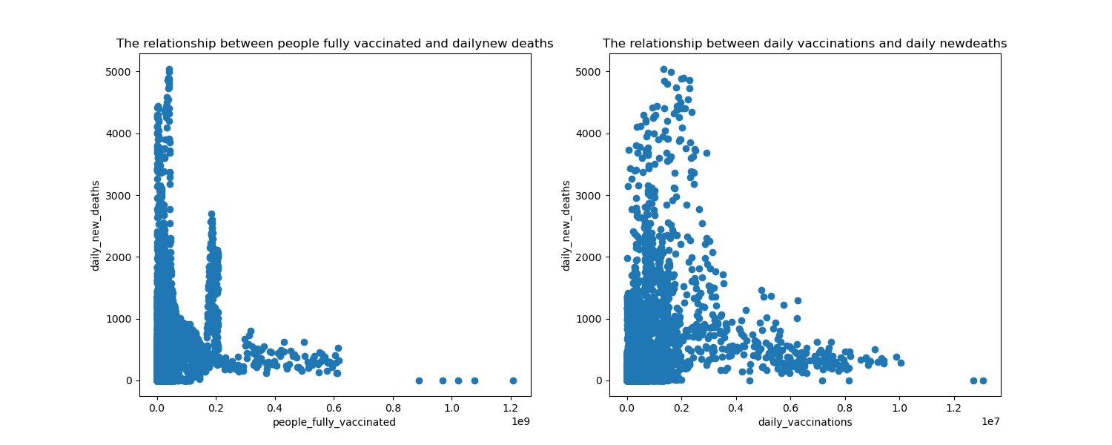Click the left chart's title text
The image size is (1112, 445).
(334, 44)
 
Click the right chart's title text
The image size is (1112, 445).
(804, 44)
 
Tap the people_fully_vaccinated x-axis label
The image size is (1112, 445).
(334, 422)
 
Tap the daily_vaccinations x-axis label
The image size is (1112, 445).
(804, 422)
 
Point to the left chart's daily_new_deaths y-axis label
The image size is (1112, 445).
(96, 225)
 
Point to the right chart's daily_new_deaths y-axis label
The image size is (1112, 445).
(566, 225)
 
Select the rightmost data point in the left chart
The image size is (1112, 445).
(513, 380)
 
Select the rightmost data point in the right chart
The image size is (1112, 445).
(983, 380)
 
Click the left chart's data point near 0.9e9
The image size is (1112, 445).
(419, 380)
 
